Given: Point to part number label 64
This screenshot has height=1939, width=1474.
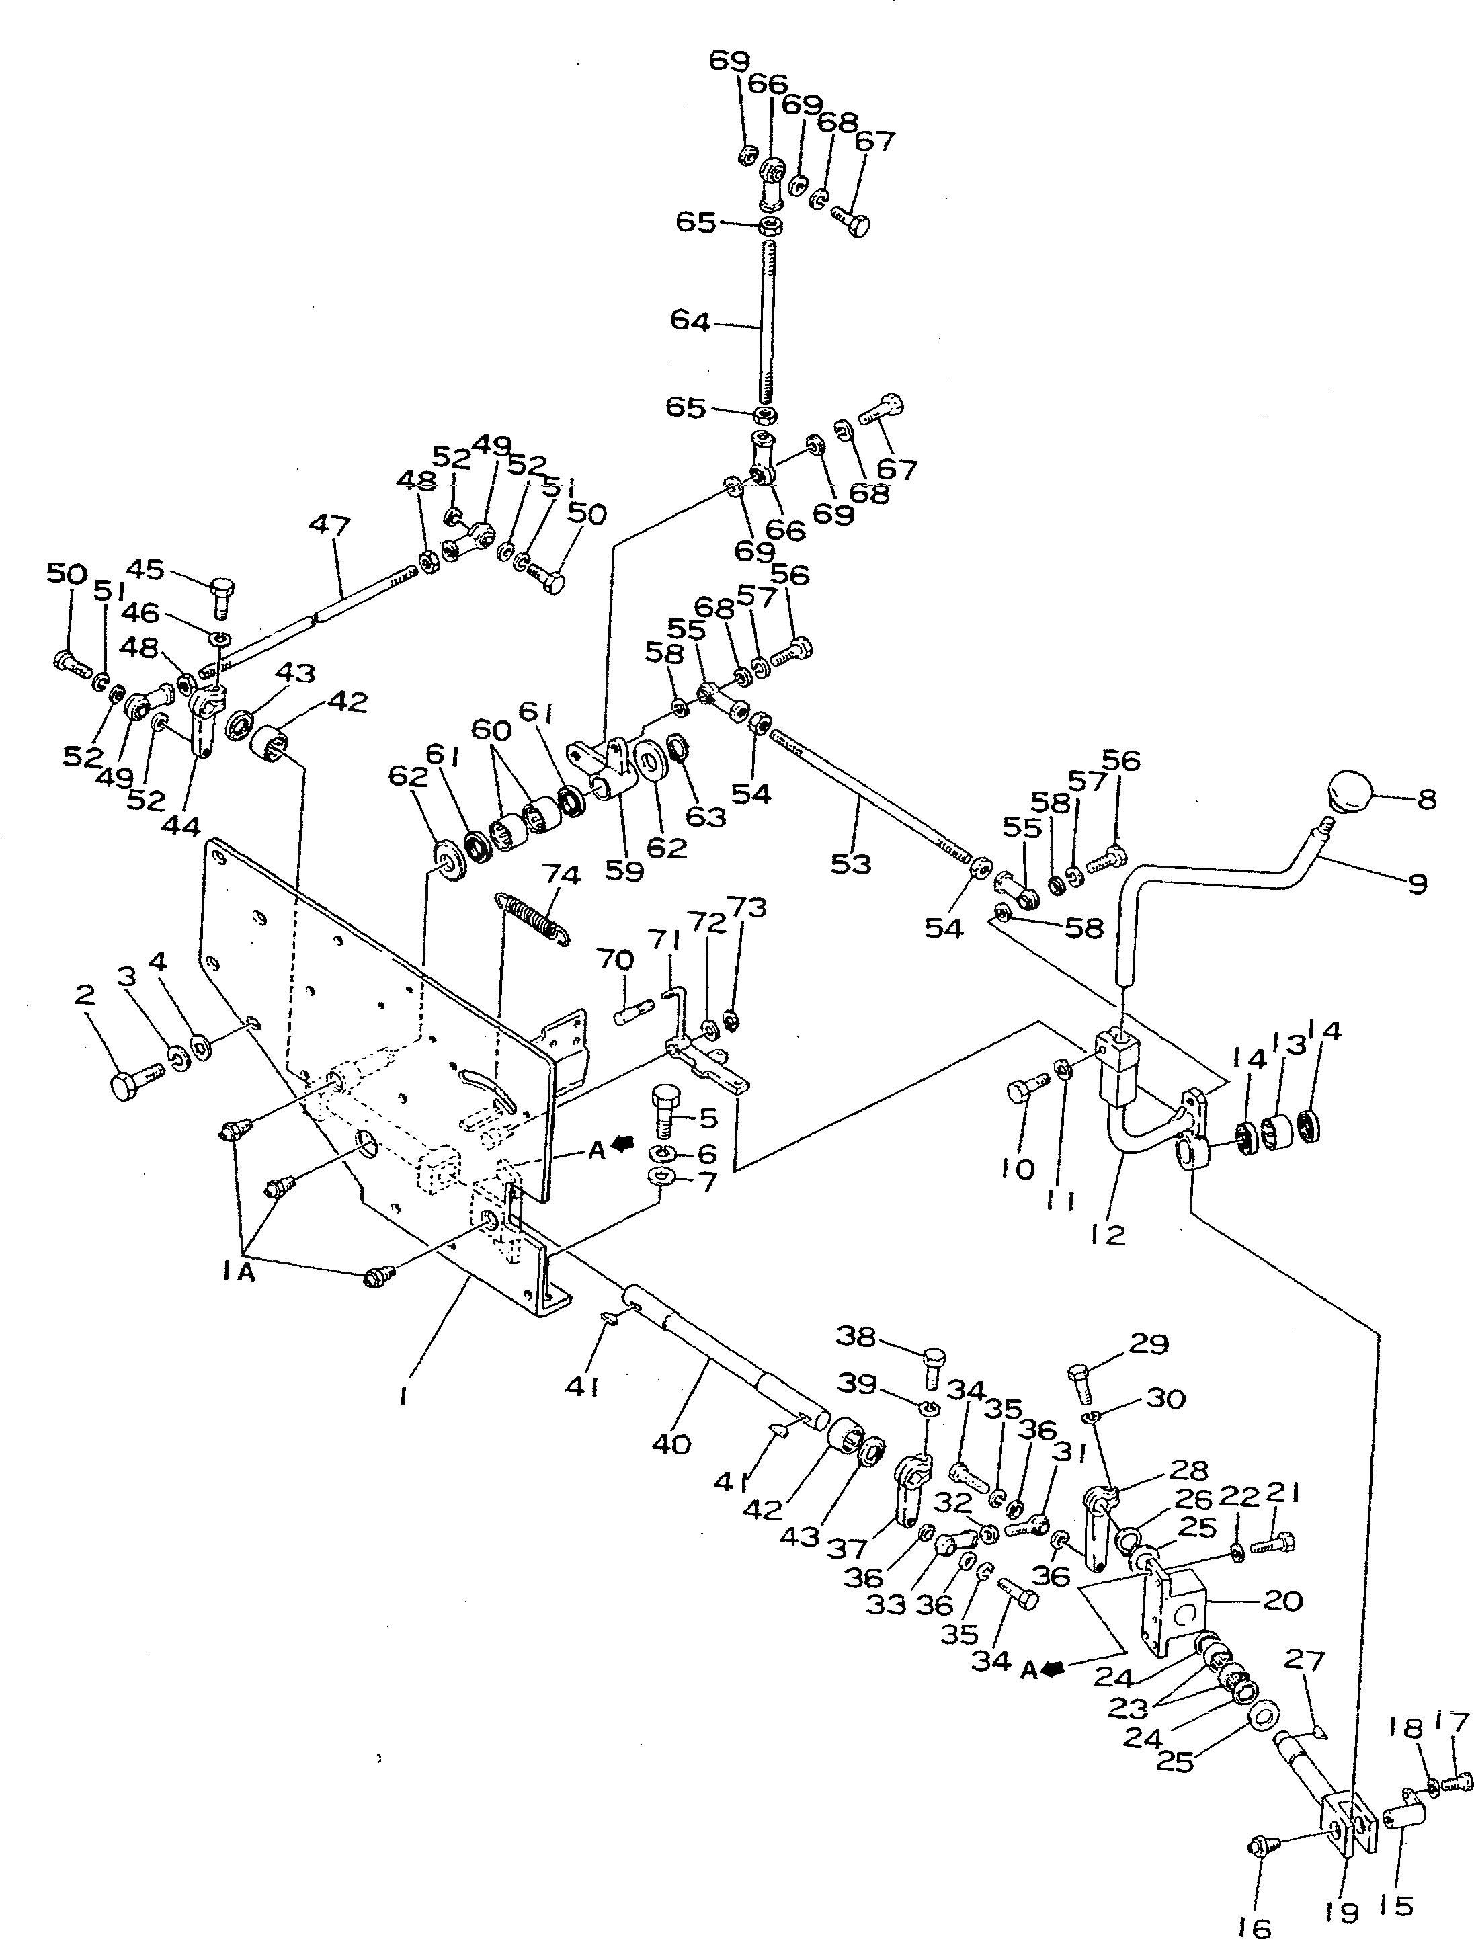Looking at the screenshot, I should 690,320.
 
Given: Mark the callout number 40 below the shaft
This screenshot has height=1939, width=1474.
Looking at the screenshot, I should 671,1443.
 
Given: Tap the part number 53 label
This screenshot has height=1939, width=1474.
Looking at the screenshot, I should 850,864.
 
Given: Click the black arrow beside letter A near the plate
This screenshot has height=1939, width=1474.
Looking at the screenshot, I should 624,1143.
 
